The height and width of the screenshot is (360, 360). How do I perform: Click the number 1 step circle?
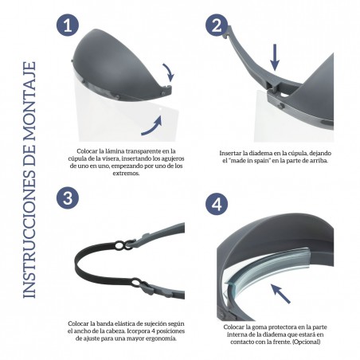click(68, 26)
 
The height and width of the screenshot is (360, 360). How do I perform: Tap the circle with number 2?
click(216, 26)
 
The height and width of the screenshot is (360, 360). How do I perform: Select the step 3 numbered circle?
click(68, 197)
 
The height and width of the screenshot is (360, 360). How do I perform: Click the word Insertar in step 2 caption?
click(232, 152)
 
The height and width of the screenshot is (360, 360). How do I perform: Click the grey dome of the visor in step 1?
click(112, 60)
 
